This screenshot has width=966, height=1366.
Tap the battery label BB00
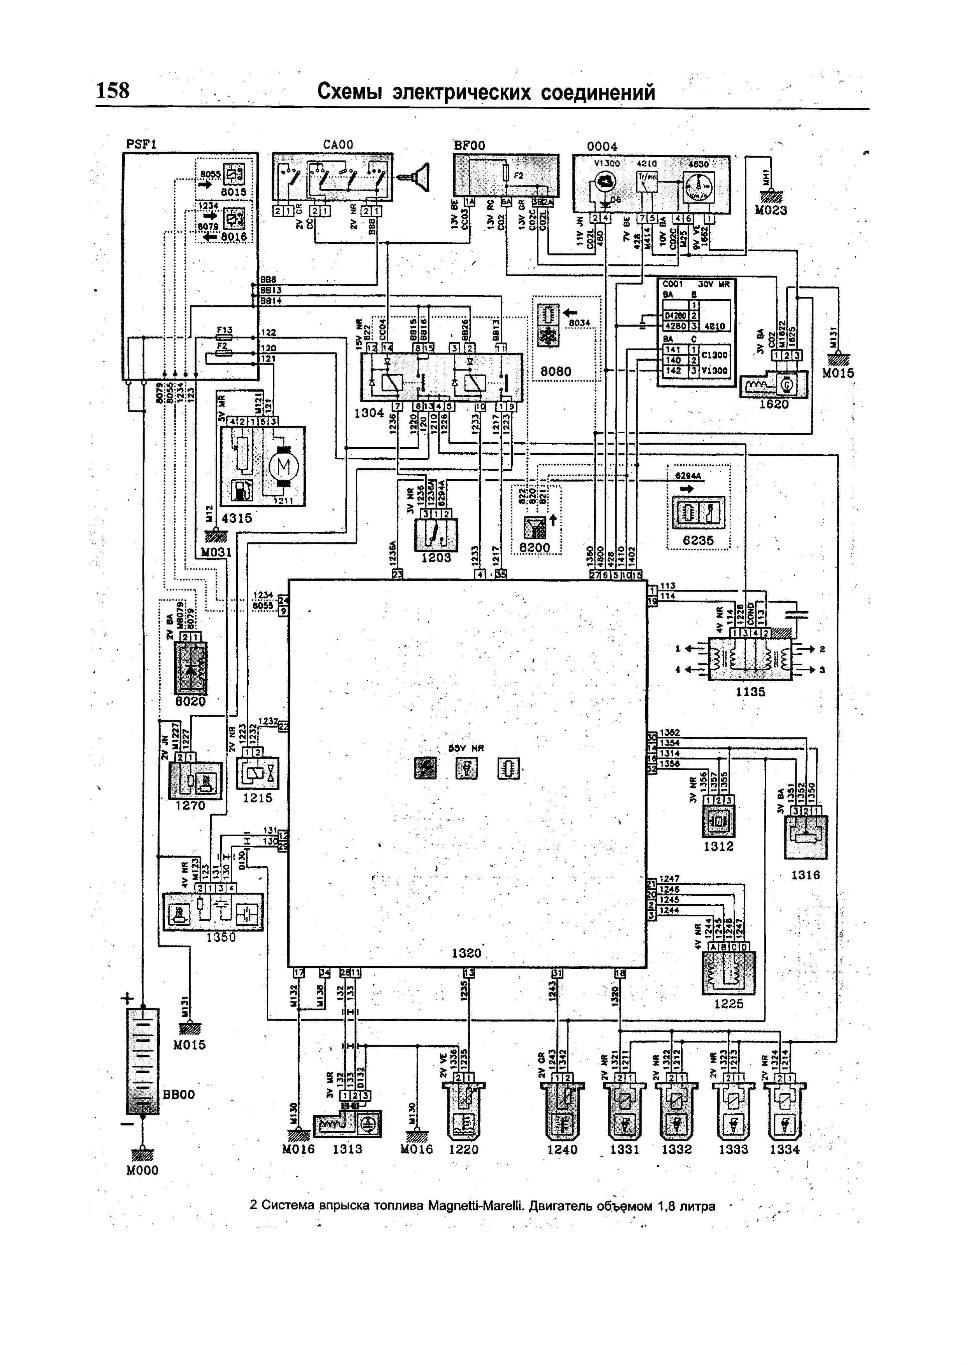point(179,1094)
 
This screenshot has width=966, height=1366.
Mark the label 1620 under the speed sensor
point(773,404)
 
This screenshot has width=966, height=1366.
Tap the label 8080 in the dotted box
point(555,372)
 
